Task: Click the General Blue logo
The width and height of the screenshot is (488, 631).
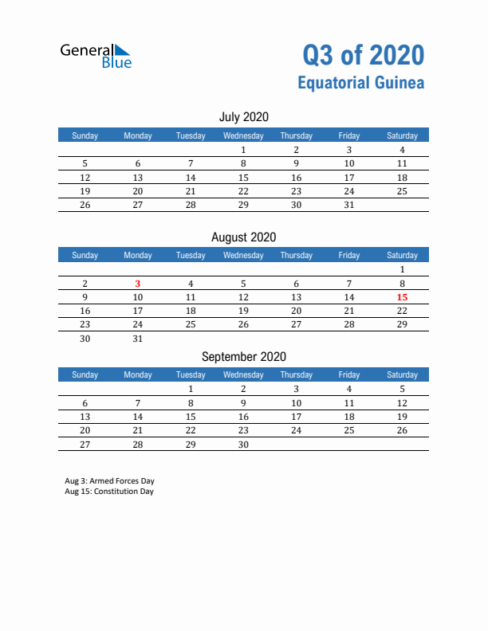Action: coord(96,55)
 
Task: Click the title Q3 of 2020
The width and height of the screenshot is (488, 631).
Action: coord(363,55)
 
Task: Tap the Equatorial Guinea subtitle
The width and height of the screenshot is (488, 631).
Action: coord(360,83)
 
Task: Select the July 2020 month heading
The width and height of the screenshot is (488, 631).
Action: coord(243,117)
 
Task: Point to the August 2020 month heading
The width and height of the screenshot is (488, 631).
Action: coord(243,237)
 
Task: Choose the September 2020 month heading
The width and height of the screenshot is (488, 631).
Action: coord(243,357)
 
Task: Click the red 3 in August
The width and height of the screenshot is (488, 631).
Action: coord(138,283)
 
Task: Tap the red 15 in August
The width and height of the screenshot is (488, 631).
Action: coord(402,297)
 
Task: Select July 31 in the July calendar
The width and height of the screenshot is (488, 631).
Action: coord(348,204)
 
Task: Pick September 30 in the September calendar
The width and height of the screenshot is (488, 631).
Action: coord(243,445)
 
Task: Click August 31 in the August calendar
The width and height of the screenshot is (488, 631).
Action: coord(138,339)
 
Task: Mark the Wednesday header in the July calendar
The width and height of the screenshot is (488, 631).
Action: coord(243,135)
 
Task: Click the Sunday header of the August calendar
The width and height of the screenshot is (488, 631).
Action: coord(85,255)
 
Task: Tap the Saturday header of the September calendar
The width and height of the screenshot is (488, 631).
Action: coord(402,374)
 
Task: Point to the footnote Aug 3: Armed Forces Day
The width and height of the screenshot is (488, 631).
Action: coord(110,481)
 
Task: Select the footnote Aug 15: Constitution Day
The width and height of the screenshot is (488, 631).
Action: coord(109,492)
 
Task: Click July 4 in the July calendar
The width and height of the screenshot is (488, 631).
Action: coord(402,150)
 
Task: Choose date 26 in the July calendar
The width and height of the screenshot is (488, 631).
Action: coord(85,204)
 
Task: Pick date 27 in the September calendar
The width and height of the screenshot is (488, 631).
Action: coord(85,445)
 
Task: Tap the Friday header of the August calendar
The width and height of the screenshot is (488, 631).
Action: coord(348,255)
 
